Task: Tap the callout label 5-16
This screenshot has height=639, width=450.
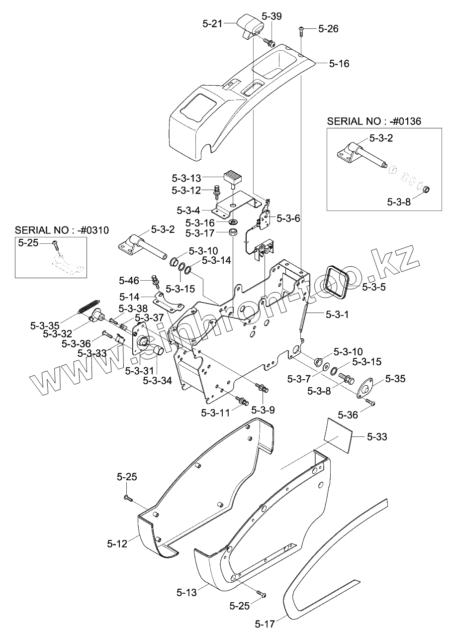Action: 339,64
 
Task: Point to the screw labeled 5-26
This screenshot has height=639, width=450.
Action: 302,30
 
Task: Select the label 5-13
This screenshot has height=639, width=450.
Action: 187,592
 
